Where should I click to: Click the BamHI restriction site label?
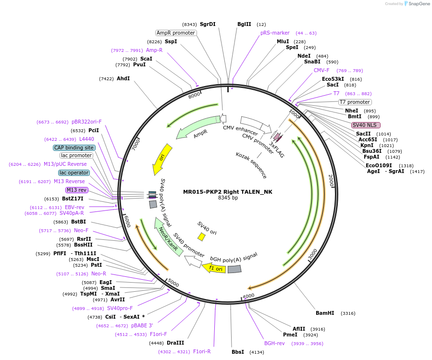click(x=325, y=313)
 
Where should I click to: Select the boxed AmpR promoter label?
click(x=176, y=33)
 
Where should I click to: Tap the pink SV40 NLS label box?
click(x=366, y=125)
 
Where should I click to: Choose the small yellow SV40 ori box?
click(x=201, y=236)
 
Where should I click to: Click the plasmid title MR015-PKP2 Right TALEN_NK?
click(x=228, y=192)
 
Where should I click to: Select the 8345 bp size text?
click(x=228, y=198)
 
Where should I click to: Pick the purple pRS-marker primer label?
click(x=275, y=33)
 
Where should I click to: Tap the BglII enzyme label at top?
click(x=244, y=24)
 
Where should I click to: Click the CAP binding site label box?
click(x=74, y=148)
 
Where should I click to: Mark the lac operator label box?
click(x=74, y=173)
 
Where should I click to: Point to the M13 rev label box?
click(x=76, y=190)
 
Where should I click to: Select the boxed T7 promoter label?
click(x=355, y=102)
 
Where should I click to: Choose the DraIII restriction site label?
click(x=175, y=343)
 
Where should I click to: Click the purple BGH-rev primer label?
click(x=274, y=343)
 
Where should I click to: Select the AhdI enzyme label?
click(x=123, y=78)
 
